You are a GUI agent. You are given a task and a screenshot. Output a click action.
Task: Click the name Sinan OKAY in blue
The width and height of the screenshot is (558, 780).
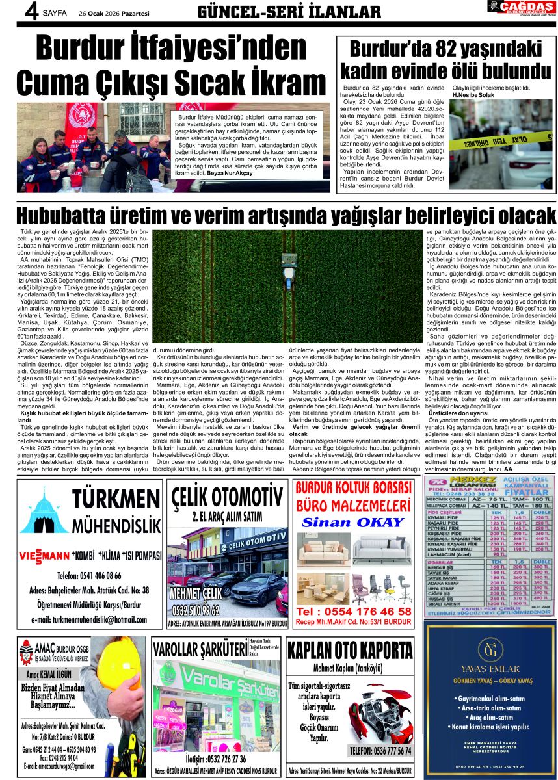(x=354, y=523)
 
